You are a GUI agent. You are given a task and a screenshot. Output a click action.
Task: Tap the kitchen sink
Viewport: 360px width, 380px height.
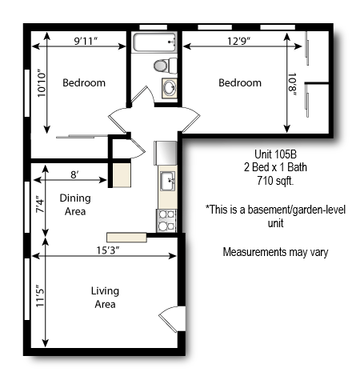coord(168,182)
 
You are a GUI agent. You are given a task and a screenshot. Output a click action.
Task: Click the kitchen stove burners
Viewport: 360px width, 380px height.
coord(167,219)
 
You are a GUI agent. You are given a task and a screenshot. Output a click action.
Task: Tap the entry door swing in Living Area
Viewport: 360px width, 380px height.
coord(170,318)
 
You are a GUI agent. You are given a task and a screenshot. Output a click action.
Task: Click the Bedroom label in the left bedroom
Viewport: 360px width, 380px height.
coord(84,82)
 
